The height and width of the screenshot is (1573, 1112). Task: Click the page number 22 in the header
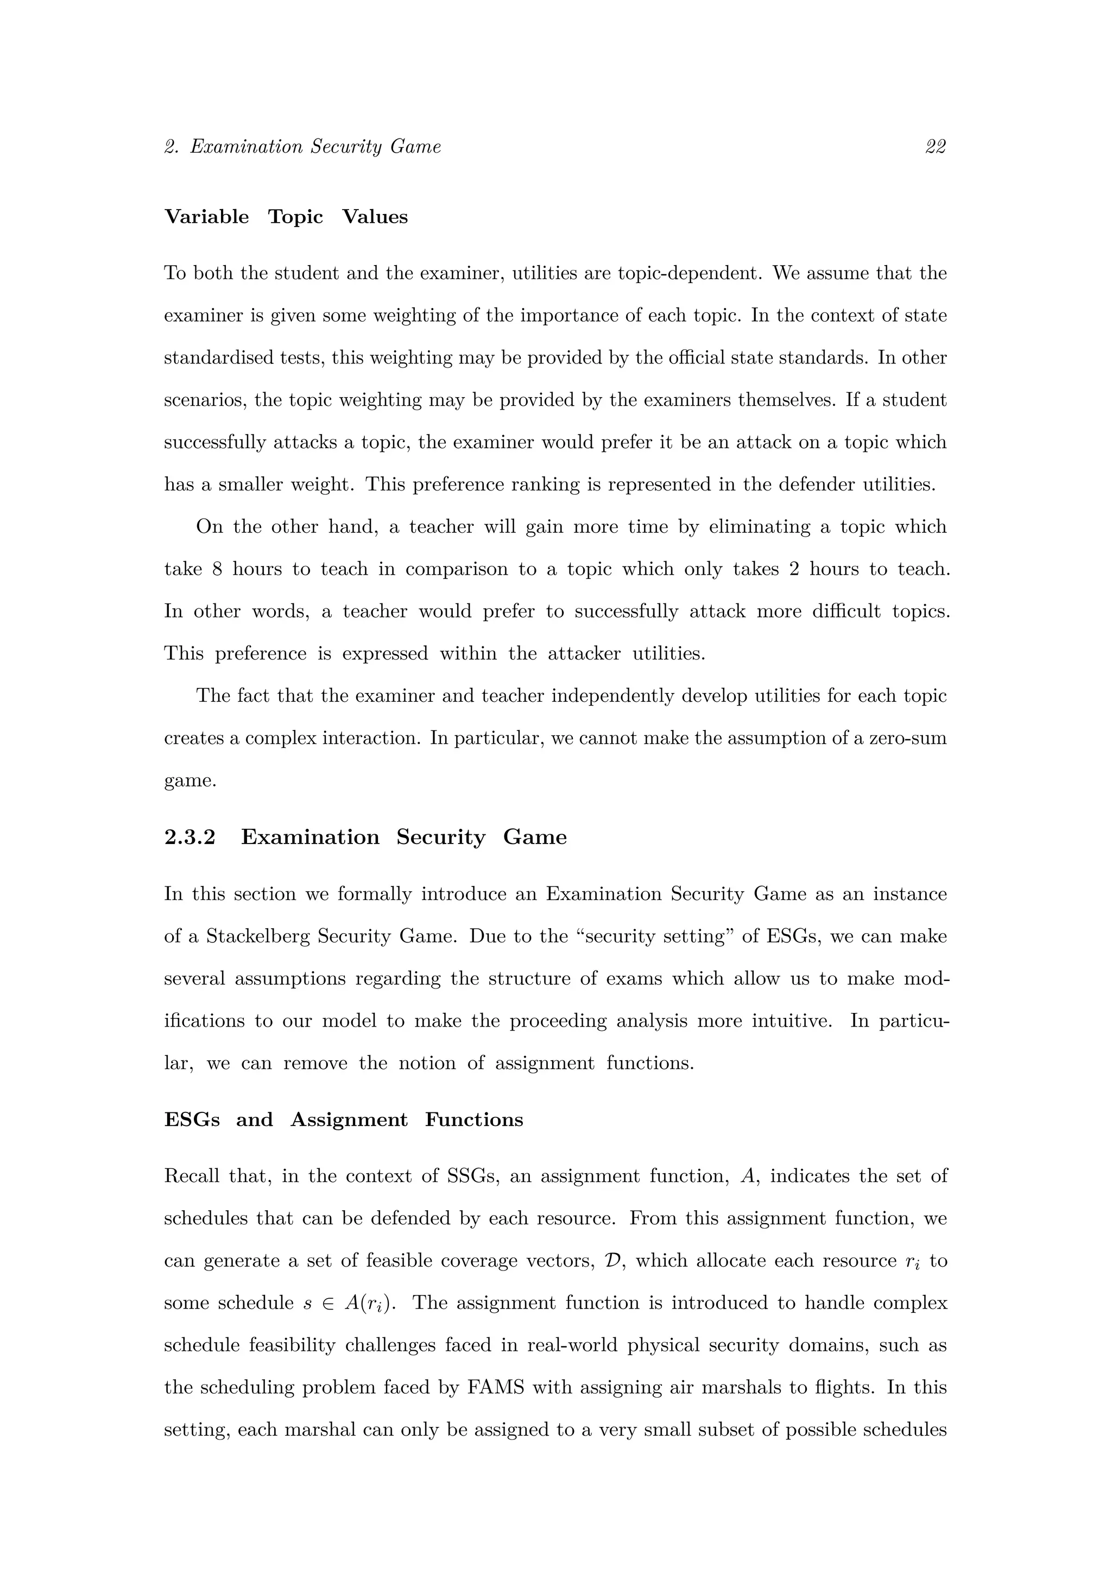click(936, 147)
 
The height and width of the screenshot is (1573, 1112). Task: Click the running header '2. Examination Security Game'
click(302, 147)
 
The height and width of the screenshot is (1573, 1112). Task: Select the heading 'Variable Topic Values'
click(286, 217)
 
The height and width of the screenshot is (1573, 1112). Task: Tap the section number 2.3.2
click(189, 837)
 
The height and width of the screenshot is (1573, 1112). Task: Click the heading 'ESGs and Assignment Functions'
click(344, 1119)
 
